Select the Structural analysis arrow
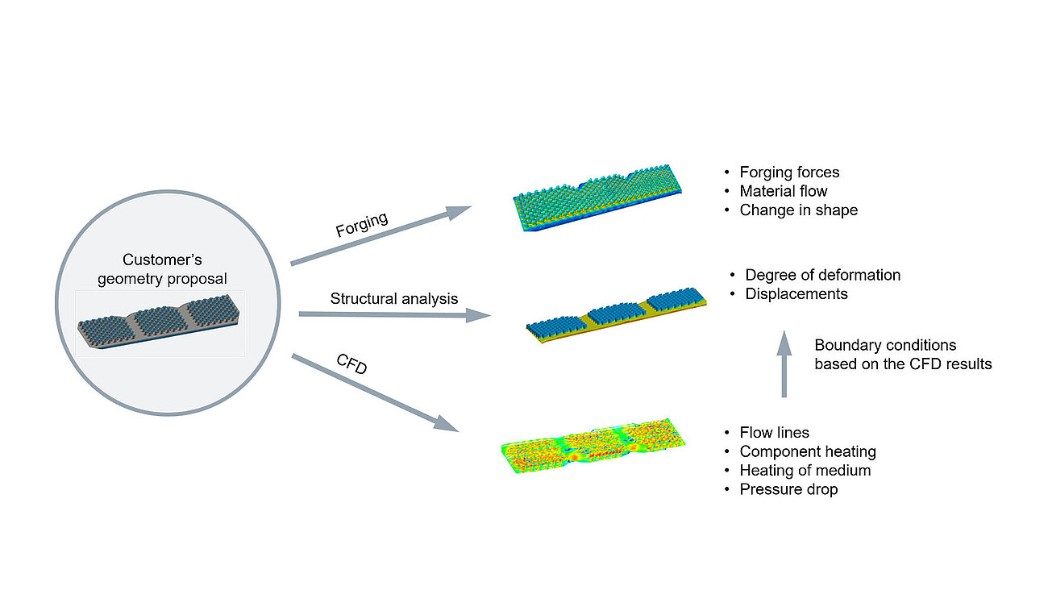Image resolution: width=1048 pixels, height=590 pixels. [x=394, y=315]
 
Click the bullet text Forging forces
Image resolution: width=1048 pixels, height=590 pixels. [x=789, y=172]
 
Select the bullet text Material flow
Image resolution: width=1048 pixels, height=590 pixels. [x=783, y=191]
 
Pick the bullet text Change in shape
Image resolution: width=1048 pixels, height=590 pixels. [x=798, y=210]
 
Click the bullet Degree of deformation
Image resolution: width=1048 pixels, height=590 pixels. [x=822, y=275]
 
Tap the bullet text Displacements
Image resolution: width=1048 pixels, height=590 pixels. [x=796, y=294]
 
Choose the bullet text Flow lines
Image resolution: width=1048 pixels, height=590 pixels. [x=773, y=433]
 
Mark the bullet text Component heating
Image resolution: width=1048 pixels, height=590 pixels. [x=807, y=451]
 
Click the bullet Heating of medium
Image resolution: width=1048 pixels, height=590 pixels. [x=805, y=470]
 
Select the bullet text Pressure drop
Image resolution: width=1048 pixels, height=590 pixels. [x=788, y=489]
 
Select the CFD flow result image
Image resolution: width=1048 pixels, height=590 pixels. [x=593, y=444]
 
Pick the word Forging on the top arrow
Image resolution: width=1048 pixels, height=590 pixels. [x=362, y=224]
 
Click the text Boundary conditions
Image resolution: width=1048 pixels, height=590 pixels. [x=884, y=345]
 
